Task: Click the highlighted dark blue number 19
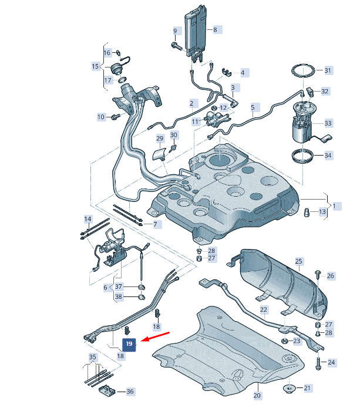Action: click(x=129, y=344)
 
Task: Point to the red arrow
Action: click(x=155, y=336)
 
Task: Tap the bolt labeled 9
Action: click(x=177, y=46)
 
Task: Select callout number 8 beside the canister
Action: click(x=215, y=30)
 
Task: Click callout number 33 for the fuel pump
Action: click(x=328, y=123)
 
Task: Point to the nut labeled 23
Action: click(x=285, y=341)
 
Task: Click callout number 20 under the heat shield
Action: click(x=257, y=396)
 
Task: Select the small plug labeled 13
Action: click(x=307, y=212)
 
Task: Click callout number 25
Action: click(x=298, y=261)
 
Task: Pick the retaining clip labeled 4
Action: click(x=227, y=72)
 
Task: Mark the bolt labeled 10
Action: click(x=115, y=117)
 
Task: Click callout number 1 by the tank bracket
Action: click(x=334, y=206)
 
